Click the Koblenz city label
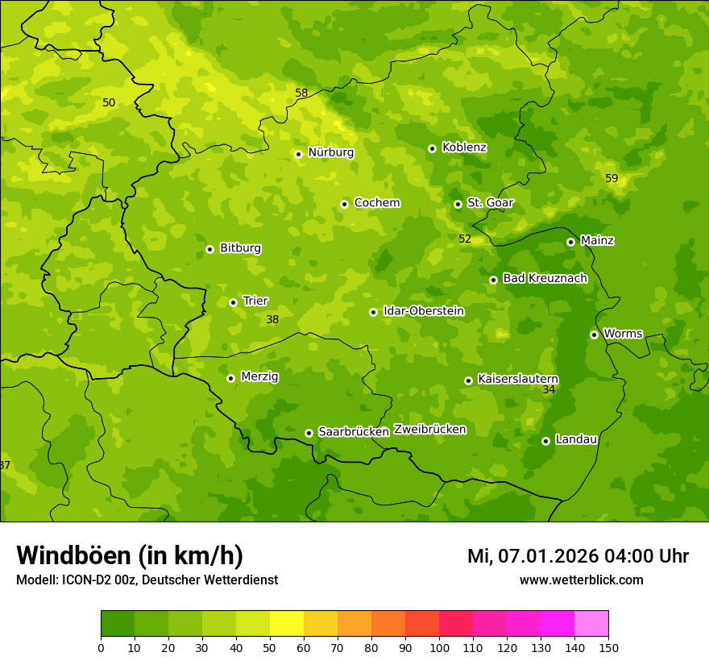(x=464, y=148)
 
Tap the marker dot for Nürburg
(x=298, y=154)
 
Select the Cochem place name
(x=377, y=203)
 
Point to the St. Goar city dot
(x=458, y=204)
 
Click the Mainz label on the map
(x=597, y=240)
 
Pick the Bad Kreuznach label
(x=545, y=278)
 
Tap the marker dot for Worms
(x=594, y=334)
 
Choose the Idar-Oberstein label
(x=424, y=311)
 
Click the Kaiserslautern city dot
(x=468, y=380)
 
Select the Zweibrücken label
(x=429, y=430)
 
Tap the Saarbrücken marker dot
(x=309, y=433)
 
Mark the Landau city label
(x=576, y=439)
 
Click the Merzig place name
(x=259, y=376)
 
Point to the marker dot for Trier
(x=233, y=302)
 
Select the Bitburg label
(x=240, y=248)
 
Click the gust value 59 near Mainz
(x=612, y=178)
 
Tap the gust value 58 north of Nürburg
(x=301, y=93)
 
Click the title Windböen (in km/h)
(x=130, y=555)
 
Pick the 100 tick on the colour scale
(x=439, y=647)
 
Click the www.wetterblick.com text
(x=581, y=580)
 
